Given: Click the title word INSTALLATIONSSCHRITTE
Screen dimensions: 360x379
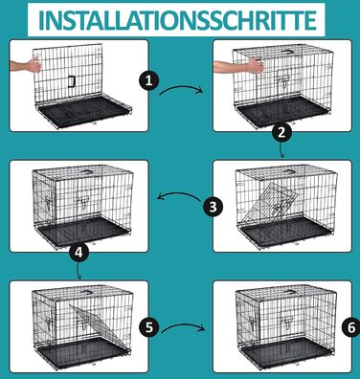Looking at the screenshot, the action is pyautogui.click(x=176, y=20).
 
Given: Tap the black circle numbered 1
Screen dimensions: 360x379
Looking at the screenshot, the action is pyautogui.click(x=148, y=80).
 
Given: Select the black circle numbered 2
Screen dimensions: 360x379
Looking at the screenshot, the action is pyautogui.click(x=281, y=132).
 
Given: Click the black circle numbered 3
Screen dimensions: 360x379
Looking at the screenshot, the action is pyautogui.click(x=214, y=207).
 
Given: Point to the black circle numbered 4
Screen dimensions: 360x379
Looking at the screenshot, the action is pyautogui.click(x=79, y=253).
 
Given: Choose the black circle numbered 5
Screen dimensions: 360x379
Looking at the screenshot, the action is pyautogui.click(x=149, y=327).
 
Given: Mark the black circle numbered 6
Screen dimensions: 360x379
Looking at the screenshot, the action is pyautogui.click(x=350, y=327).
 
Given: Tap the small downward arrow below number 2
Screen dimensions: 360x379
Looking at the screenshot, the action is pyautogui.click(x=281, y=150).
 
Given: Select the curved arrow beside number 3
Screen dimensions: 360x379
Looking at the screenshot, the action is pyautogui.click(x=179, y=194).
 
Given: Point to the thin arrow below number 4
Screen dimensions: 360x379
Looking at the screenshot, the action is pyautogui.click(x=79, y=272).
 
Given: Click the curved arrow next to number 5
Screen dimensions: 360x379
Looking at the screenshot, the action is pyautogui.click(x=183, y=326).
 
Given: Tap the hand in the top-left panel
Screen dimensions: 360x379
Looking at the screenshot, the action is pyautogui.click(x=26, y=64).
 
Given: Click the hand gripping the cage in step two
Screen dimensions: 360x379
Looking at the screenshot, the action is pyautogui.click(x=239, y=65).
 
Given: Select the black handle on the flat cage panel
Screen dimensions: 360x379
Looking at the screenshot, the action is pyautogui.click(x=71, y=81).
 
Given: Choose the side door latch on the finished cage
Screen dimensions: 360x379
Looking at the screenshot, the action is pyautogui.click(x=252, y=323).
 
